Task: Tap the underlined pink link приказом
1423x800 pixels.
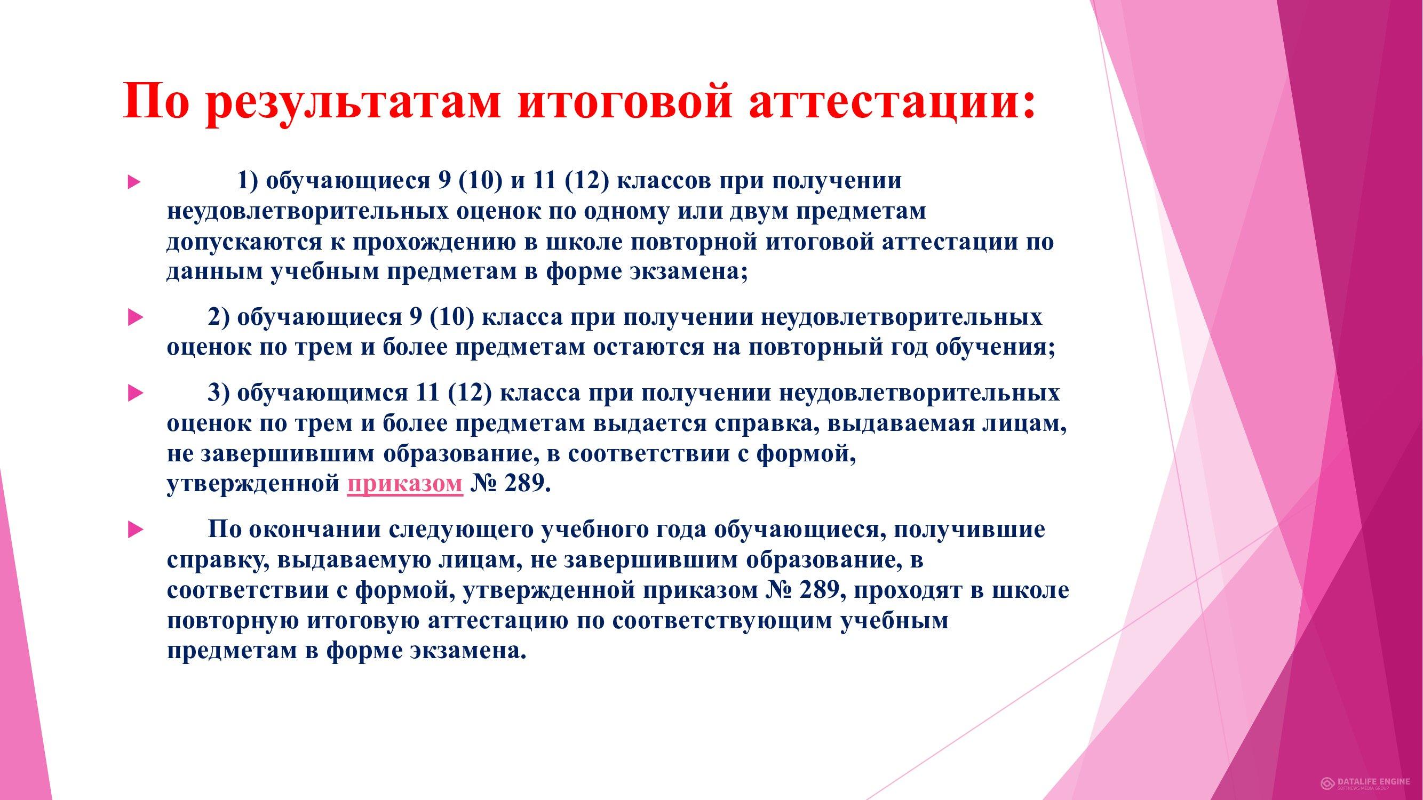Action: coord(405,484)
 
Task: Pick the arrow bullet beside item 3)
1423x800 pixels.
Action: coord(136,394)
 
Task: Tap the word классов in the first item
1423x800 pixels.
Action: coord(663,182)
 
